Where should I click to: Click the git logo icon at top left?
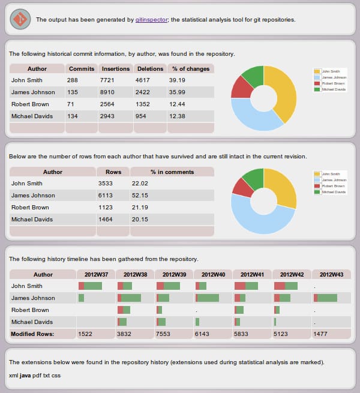pyautogui.click(x=20, y=20)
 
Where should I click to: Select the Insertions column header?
pyautogui.click(x=115, y=68)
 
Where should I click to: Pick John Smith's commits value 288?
pyautogui.click(x=73, y=80)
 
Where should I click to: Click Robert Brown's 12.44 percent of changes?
pyautogui.click(x=178, y=104)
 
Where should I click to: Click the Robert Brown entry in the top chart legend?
pyautogui.click(x=333, y=83)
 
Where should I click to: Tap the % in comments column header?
pyautogui.click(x=172, y=172)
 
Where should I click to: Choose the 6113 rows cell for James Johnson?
pyautogui.click(x=106, y=195)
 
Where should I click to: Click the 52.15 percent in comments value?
pyautogui.click(x=140, y=195)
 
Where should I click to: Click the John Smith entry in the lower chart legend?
pyautogui.click(x=331, y=174)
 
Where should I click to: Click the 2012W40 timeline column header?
pyautogui.click(x=213, y=274)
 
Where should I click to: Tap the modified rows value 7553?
pyautogui.click(x=163, y=334)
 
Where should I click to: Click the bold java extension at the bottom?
pyautogui.click(x=25, y=375)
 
